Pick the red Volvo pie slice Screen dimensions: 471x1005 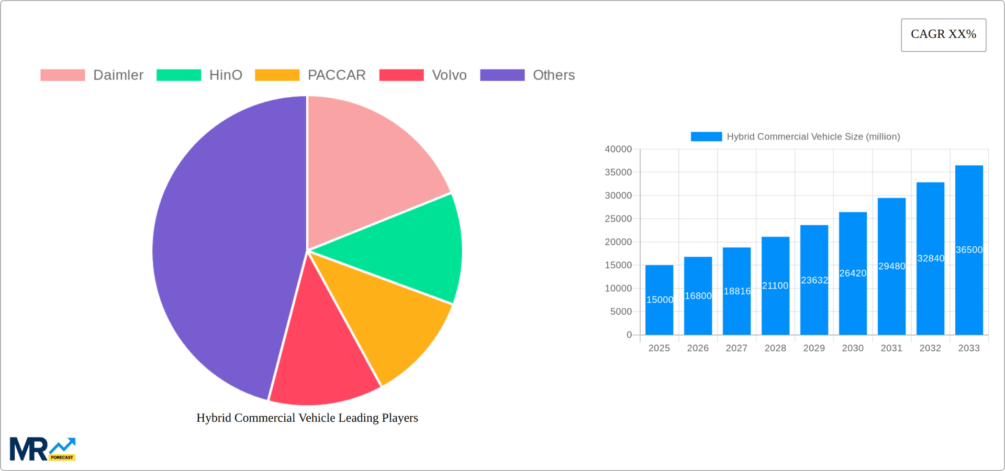tap(322, 355)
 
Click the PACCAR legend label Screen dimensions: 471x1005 tap(336, 75)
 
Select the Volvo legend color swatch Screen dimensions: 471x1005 tap(401, 75)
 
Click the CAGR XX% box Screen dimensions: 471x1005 tap(943, 35)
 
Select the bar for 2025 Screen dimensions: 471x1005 tap(659, 314)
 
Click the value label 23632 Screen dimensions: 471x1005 tap(814, 280)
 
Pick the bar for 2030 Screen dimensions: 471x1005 tap(853, 303)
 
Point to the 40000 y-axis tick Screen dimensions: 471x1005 tap(618, 150)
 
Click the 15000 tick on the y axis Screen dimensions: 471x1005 tap(618, 266)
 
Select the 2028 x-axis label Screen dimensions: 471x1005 tap(775, 348)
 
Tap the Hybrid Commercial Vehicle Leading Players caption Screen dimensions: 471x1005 tap(307, 418)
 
